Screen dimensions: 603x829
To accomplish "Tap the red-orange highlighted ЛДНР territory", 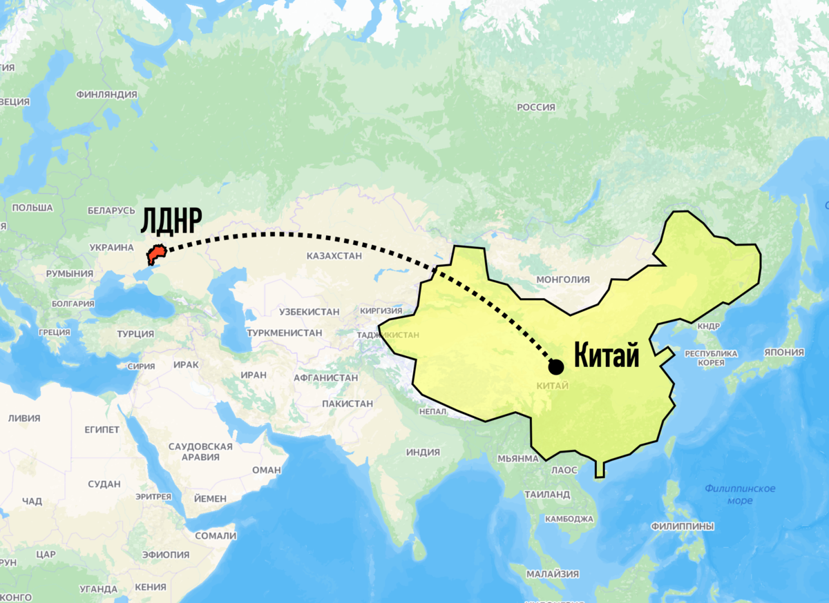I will [155, 256].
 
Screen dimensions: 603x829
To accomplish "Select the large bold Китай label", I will [607, 357].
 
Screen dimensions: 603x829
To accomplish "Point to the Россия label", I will [536, 107].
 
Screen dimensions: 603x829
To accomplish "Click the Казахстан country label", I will [334, 256].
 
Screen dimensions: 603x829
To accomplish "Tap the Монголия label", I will [563, 279].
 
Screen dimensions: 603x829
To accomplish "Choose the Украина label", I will [111, 247].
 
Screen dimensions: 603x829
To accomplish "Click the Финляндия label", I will [107, 94].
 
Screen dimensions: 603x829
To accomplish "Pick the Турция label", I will [135, 334].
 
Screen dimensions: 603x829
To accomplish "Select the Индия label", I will [423, 453].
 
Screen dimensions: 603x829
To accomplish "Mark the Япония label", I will [784, 352].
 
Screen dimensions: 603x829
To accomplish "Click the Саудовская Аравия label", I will [200, 451].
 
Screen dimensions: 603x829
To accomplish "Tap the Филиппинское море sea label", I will [740, 494].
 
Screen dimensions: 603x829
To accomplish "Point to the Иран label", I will [254, 375].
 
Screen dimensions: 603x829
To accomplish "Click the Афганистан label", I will [325, 377].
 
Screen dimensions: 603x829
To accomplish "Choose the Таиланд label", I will [547, 495].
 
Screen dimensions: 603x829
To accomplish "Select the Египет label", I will [102, 430].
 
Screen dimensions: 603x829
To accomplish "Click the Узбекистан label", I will [309, 312].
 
